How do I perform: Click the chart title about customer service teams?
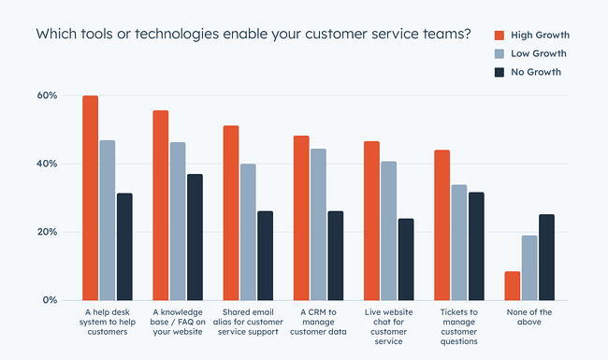pyautogui.click(x=253, y=34)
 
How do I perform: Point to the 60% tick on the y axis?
pyautogui.click(x=47, y=95)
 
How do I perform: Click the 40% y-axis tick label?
pyautogui.click(x=47, y=164)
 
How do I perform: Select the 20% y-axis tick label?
pyautogui.click(x=47, y=232)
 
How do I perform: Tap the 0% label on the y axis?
pyautogui.click(x=50, y=300)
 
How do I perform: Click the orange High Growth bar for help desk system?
pyautogui.click(x=90, y=198)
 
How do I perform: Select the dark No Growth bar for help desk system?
pyautogui.click(x=124, y=247)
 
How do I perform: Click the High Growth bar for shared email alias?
pyautogui.click(x=230, y=213)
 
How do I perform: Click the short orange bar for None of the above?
pyautogui.click(x=512, y=286)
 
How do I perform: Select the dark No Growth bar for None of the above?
pyautogui.click(x=546, y=257)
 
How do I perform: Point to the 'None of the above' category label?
pyautogui.click(x=528, y=317)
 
